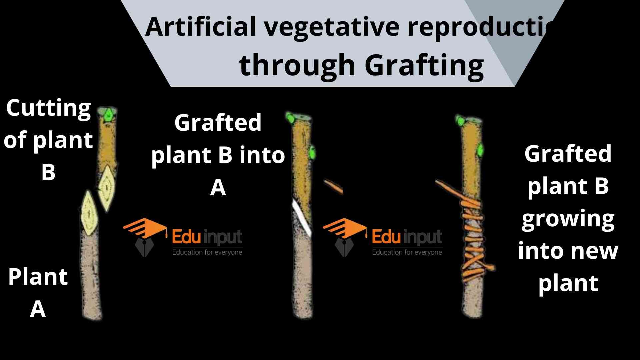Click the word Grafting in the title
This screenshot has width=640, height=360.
pyautogui.click(x=424, y=65)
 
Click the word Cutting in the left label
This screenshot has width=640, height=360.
pyautogui.click(x=48, y=108)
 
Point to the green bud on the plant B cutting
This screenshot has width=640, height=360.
pyautogui.click(x=109, y=115)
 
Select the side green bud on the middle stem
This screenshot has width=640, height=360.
pyautogui.click(x=312, y=153)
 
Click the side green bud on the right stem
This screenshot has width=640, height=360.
pyautogui.click(x=480, y=150)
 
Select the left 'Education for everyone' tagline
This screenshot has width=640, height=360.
pyautogui.click(x=207, y=252)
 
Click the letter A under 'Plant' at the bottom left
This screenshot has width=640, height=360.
pyautogui.click(x=38, y=309)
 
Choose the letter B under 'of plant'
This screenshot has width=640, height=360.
pyautogui.click(x=48, y=172)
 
